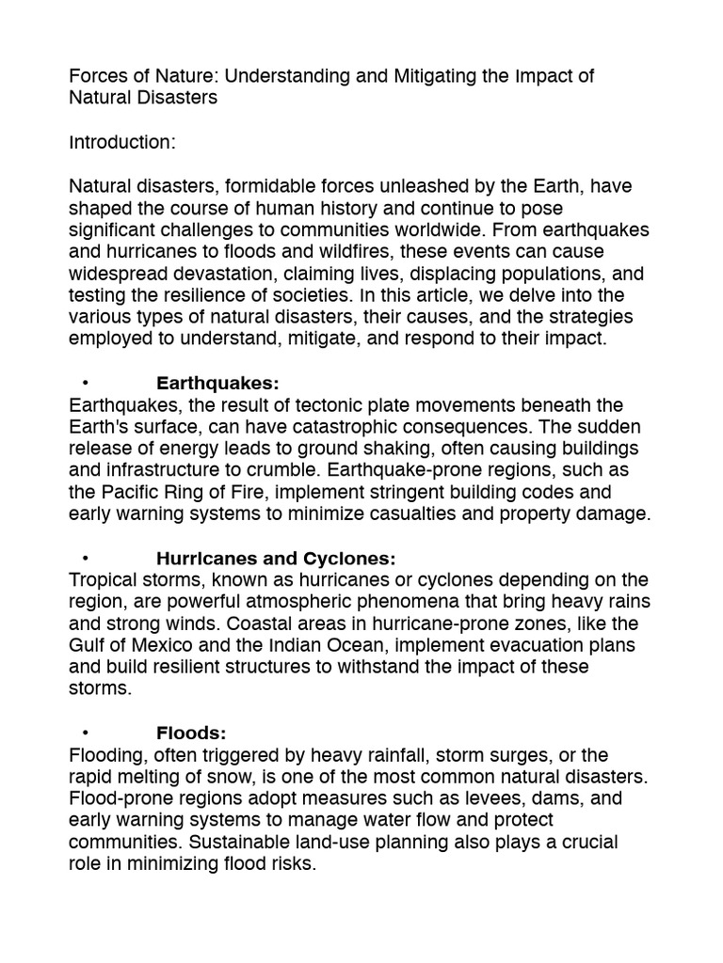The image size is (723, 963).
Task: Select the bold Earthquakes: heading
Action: [x=218, y=384]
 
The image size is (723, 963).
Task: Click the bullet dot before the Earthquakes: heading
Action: [x=85, y=384]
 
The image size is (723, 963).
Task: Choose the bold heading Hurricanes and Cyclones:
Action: [x=276, y=558]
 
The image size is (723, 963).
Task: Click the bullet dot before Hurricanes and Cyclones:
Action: [x=85, y=558]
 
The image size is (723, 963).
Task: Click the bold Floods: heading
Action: [x=192, y=733]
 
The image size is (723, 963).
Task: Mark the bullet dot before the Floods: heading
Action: [x=85, y=733]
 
